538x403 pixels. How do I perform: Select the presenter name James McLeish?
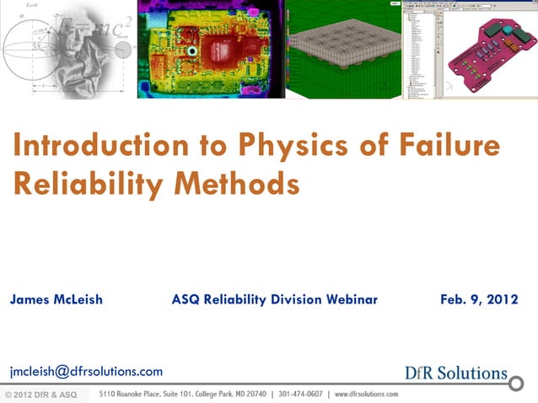pos(56,299)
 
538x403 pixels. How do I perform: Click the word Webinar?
pos(346,299)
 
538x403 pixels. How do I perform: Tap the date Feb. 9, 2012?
pos(478,299)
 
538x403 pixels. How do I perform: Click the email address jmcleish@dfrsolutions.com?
pos(86,371)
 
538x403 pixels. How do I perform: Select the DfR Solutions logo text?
pos(456,373)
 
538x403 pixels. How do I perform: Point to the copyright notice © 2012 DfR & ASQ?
pos(40,395)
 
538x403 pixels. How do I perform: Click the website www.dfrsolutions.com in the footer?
pos(366,394)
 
